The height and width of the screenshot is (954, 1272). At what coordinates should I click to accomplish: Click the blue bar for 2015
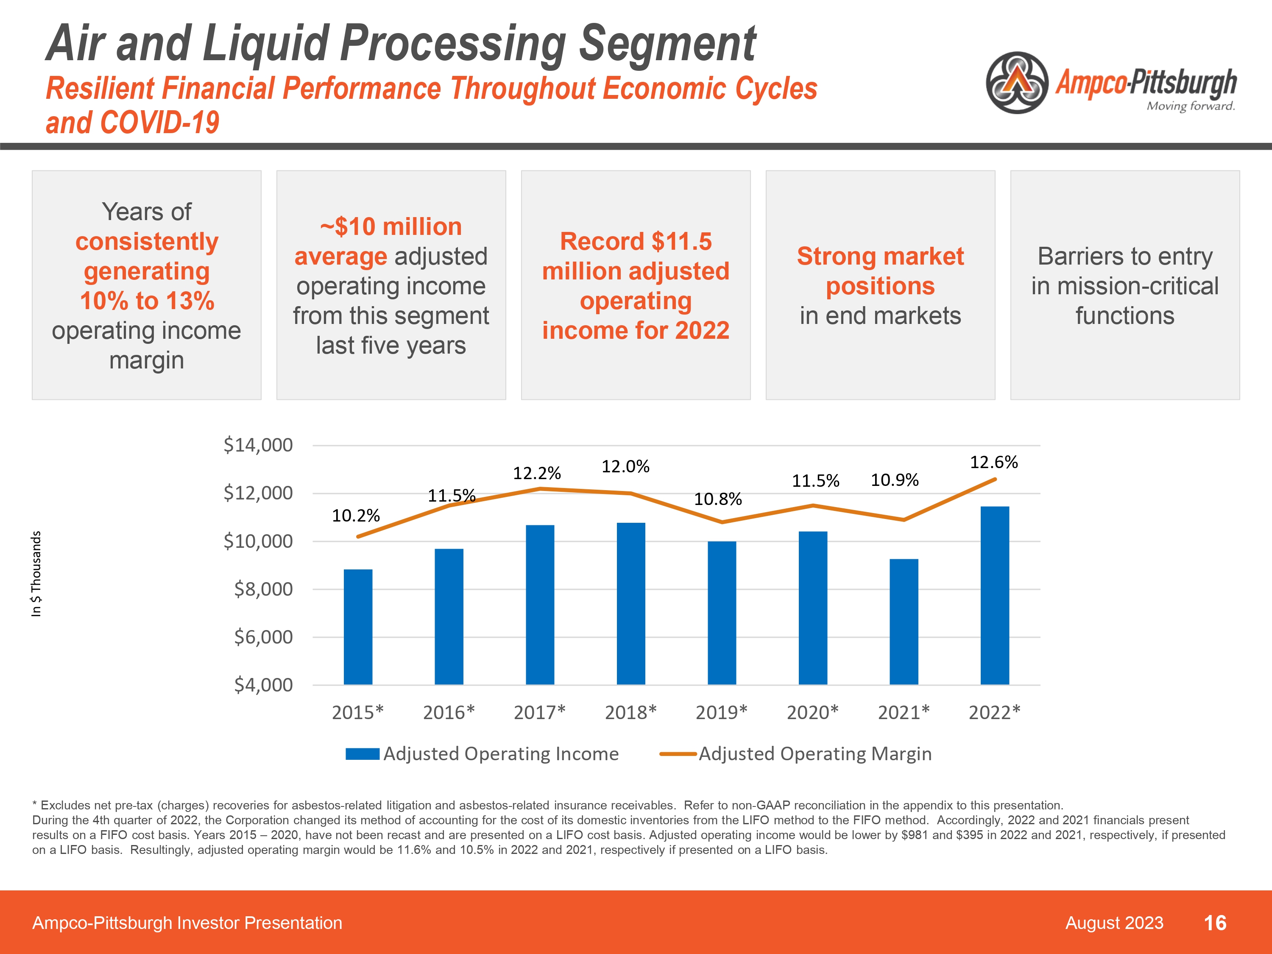(358, 627)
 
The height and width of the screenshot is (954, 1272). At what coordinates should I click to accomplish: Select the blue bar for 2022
(994, 595)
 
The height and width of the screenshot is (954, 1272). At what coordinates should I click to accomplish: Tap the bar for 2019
(722, 612)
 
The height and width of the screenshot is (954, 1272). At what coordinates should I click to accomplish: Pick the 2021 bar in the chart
(904, 622)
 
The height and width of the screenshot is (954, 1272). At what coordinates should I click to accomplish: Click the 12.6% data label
(994, 462)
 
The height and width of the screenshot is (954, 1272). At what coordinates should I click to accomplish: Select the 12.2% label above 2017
(536, 473)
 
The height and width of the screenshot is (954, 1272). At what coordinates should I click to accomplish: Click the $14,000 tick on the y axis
(258, 445)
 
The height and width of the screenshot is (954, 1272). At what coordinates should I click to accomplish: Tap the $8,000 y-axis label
(263, 589)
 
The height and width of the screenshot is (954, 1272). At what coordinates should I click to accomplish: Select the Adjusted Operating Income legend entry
(482, 754)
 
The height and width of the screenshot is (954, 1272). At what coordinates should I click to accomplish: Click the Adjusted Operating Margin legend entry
(796, 754)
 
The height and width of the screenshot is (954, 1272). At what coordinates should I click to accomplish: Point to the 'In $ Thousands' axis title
(36, 574)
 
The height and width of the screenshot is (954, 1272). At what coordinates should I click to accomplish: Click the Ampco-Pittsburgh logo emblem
(1017, 83)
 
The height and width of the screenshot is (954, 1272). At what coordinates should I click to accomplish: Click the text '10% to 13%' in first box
(147, 301)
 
